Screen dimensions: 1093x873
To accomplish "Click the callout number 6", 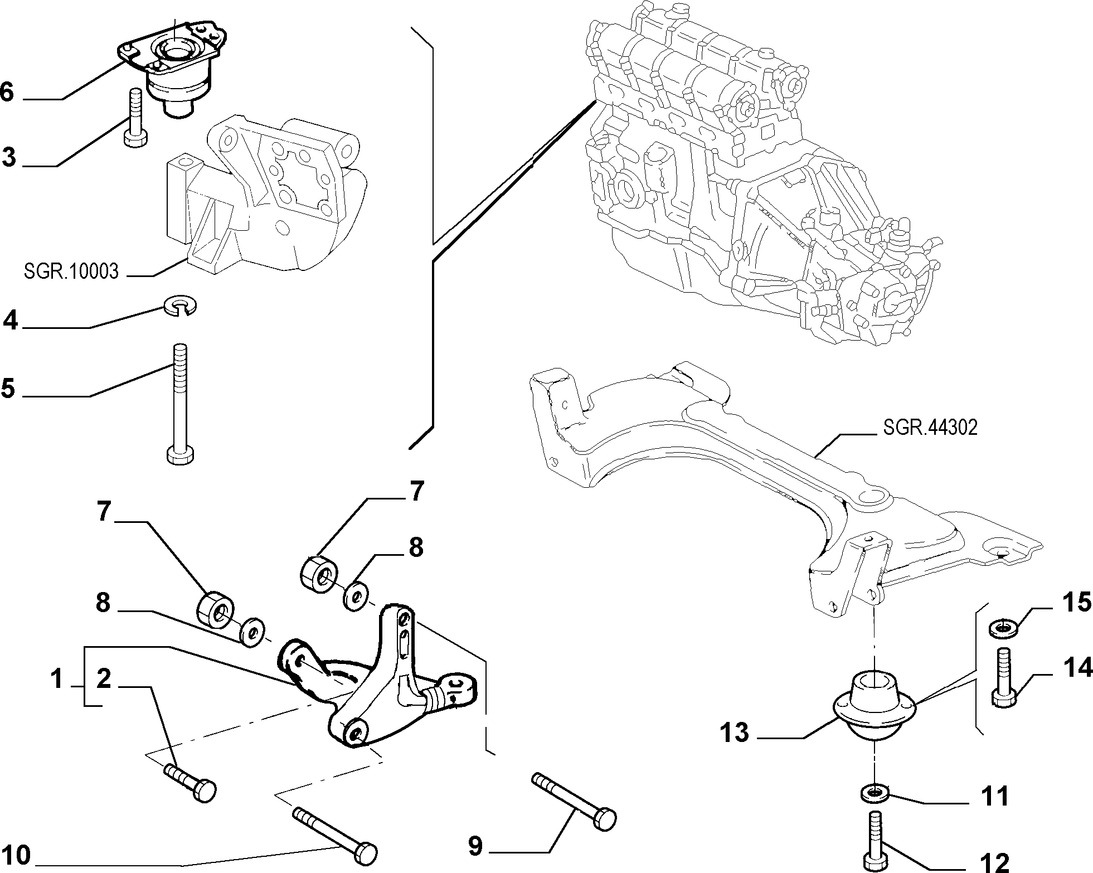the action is [7, 91].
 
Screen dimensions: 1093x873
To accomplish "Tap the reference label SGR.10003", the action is [71, 271].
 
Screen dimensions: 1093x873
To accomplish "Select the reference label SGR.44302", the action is [930, 428].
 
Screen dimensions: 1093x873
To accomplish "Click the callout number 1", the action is [56, 680].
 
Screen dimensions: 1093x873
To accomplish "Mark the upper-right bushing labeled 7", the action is [319, 574].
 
